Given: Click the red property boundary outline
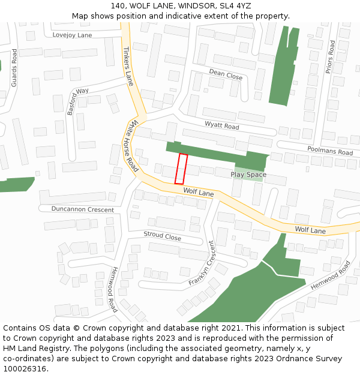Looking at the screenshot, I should tap(181, 169).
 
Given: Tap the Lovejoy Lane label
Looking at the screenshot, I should tap(72, 35).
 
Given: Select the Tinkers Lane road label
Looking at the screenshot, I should tap(128, 66).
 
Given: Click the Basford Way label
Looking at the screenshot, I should tap(78, 101).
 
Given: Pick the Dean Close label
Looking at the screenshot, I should tap(226, 74).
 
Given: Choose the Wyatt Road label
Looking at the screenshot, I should tap(221, 125).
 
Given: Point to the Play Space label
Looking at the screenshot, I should tap(248, 175).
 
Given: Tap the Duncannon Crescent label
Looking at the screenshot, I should tap(82, 209).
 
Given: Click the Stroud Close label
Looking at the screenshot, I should tap(162, 236).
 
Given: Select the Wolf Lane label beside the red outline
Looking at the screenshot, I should tap(199, 193).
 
